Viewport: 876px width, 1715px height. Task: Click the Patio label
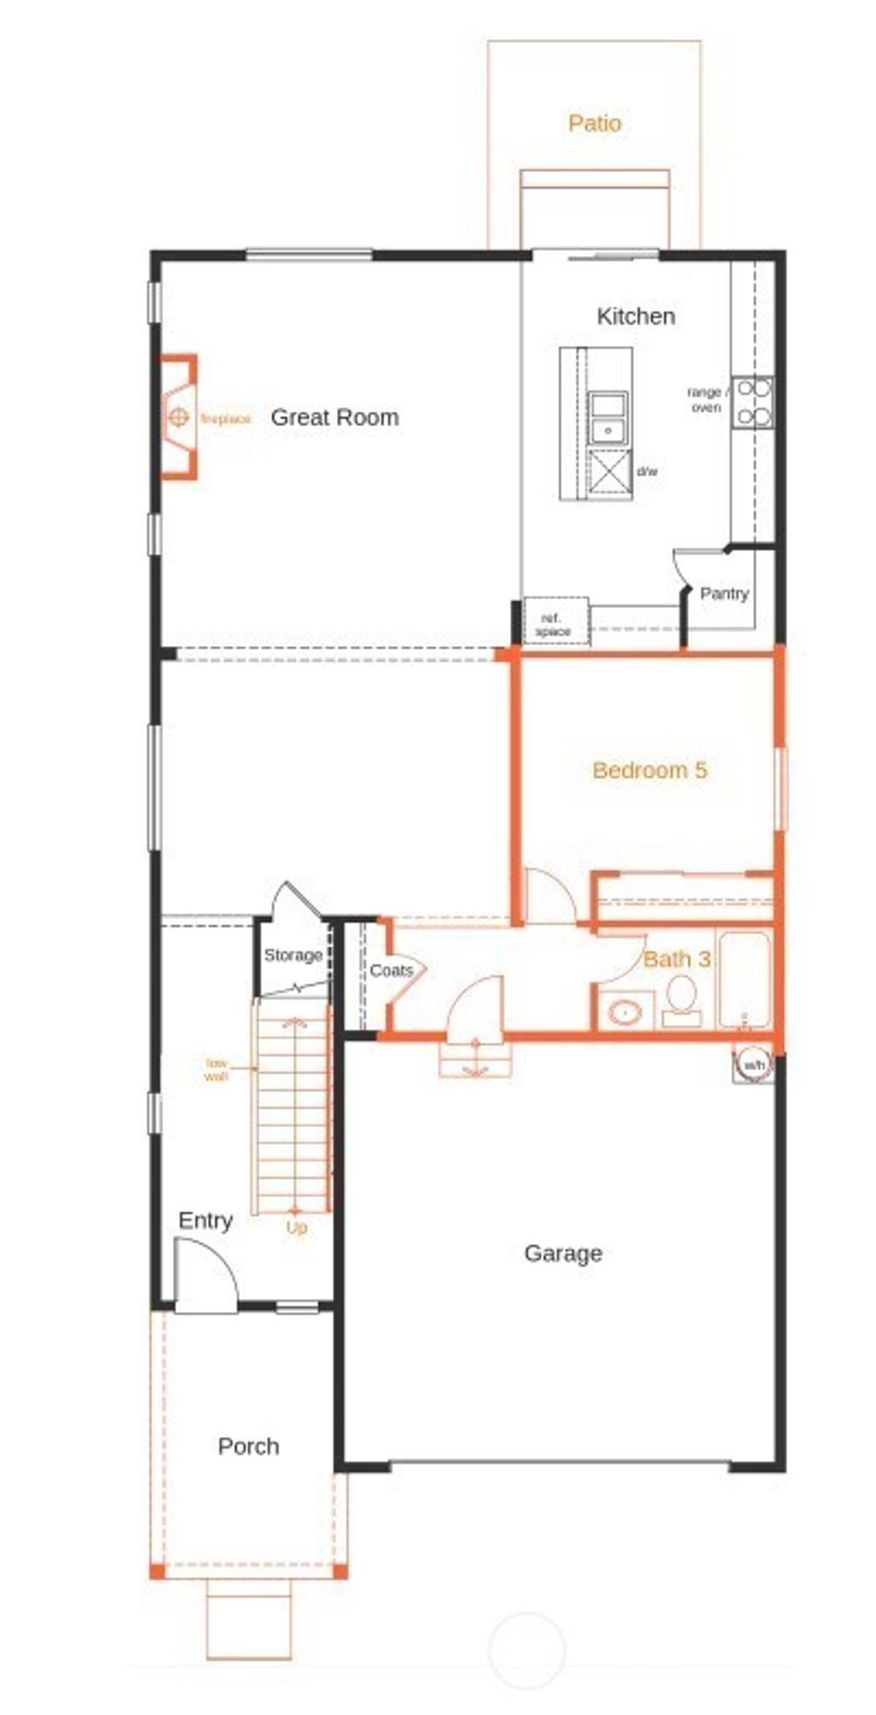[x=595, y=123]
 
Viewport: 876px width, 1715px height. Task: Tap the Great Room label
[x=334, y=418]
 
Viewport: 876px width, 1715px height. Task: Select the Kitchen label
[x=636, y=317]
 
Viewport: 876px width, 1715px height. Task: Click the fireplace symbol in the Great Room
[x=178, y=418]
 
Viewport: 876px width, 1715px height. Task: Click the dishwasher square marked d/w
[x=610, y=472]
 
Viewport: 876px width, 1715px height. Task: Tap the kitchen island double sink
[x=608, y=417]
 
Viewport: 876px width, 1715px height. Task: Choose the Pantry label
[x=724, y=593]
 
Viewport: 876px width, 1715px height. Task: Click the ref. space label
[x=553, y=625]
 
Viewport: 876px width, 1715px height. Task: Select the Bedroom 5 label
[x=650, y=770]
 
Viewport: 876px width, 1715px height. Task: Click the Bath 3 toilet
[x=682, y=999]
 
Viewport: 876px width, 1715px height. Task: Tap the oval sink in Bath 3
[x=625, y=1013]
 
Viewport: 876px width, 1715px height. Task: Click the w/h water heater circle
[x=754, y=1065]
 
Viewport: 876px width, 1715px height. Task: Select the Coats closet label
[x=391, y=970]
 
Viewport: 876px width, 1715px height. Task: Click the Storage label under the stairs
[x=293, y=955]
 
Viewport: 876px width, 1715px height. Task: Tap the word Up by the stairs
[x=296, y=1228]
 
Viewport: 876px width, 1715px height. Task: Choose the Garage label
[x=563, y=1254]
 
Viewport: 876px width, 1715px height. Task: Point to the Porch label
[x=248, y=1446]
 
